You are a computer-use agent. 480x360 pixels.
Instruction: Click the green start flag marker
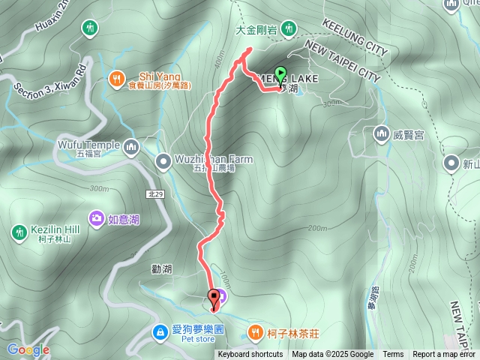(281, 74)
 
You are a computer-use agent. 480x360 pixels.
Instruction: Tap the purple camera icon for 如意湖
(97, 219)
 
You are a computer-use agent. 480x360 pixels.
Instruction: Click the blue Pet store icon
(159, 331)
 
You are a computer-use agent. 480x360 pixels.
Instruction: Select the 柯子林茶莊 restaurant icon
(256, 331)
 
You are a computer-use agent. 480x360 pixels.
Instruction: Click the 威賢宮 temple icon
(380, 134)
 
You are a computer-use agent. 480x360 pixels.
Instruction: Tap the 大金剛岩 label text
(256, 31)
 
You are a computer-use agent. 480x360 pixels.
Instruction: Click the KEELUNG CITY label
(354, 37)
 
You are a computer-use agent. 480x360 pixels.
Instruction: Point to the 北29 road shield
(155, 193)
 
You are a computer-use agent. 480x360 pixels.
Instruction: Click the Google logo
(28, 349)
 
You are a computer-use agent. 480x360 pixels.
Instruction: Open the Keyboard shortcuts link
(250, 355)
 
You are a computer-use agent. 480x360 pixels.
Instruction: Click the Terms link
(392, 355)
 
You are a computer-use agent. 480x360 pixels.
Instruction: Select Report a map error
(444, 355)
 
